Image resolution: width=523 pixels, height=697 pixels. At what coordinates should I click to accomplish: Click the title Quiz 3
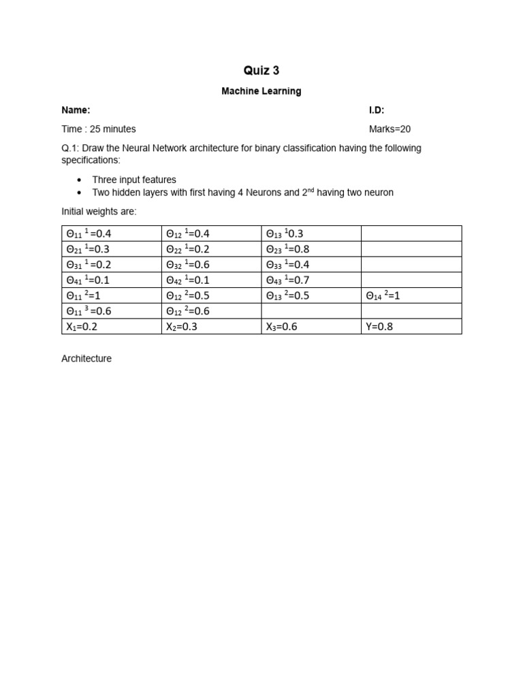261,71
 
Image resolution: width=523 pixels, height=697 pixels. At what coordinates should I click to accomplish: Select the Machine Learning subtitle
261,91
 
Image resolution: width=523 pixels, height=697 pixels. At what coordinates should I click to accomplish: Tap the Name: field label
76,110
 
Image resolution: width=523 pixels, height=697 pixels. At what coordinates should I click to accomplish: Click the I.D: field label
377,110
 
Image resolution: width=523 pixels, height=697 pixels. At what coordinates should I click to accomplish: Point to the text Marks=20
390,129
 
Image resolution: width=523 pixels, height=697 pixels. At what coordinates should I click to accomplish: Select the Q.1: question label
71,148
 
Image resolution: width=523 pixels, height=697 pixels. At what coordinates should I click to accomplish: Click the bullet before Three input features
80,180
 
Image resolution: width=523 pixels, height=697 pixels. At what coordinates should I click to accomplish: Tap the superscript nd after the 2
313,190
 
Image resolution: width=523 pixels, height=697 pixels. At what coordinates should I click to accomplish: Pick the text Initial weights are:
99,212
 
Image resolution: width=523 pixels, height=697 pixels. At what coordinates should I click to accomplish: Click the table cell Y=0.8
379,327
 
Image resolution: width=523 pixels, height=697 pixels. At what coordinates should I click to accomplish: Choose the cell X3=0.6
281,327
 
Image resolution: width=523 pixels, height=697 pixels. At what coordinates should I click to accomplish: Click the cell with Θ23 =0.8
287,249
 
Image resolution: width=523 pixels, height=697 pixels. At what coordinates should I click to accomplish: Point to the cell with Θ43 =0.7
287,280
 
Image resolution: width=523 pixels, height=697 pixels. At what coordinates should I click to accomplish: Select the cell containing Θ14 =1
383,296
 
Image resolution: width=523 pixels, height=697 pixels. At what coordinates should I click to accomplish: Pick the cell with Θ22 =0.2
187,249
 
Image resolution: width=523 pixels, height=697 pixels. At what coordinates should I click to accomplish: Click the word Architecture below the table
86,359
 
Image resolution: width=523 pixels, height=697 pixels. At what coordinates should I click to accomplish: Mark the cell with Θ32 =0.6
187,265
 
